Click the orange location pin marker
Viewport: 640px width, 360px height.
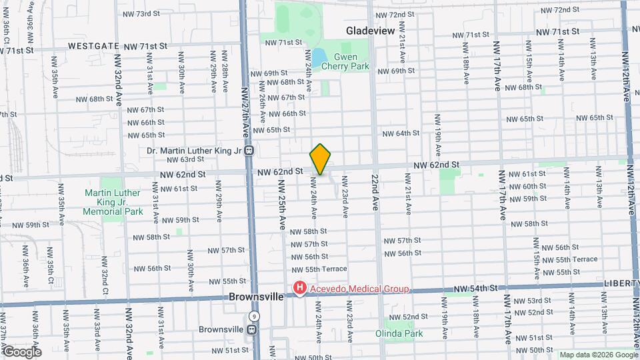pos(320,159)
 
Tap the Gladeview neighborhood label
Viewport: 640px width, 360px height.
pos(371,31)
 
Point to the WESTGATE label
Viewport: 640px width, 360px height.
pos(93,46)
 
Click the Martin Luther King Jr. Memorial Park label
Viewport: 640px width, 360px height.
pos(113,202)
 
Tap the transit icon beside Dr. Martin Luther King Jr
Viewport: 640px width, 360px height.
pos(248,151)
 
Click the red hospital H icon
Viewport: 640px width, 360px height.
pos(300,289)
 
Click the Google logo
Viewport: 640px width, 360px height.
pos(22,351)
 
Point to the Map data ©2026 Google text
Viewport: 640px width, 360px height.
pos(597,355)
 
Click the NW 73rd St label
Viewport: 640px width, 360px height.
pos(141,13)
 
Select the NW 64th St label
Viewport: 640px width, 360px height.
pos(401,133)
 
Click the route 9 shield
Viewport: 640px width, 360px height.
pos(254,317)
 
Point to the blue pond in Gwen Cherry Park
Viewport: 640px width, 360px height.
pos(318,57)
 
